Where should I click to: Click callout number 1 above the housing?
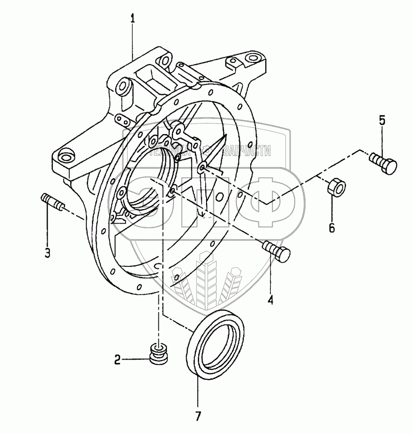click(x=133, y=19)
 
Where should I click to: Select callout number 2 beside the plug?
click(x=117, y=360)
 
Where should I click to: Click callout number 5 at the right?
click(x=382, y=121)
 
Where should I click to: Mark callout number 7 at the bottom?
click(x=198, y=417)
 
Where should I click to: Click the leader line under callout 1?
click(x=133, y=41)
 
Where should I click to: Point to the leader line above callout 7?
click(x=198, y=390)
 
